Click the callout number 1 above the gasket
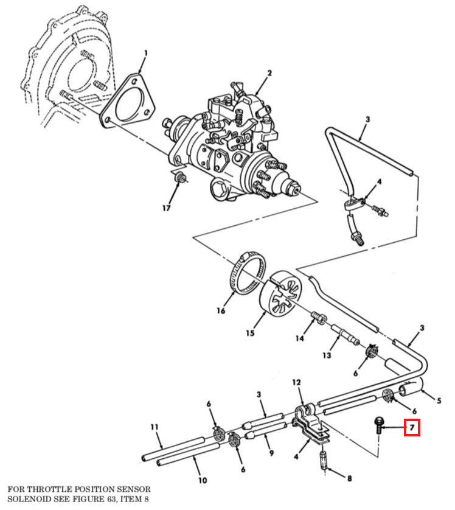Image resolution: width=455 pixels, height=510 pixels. (146, 53)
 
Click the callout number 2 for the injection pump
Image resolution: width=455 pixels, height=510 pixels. (269, 74)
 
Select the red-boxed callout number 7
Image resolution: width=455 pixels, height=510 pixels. (412, 427)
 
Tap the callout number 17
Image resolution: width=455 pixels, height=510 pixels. (166, 208)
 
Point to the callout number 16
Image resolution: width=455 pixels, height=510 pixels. (221, 311)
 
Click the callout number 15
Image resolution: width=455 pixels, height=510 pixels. (250, 334)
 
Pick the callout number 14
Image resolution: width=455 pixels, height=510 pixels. (300, 338)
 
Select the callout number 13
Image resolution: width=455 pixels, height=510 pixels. (327, 355)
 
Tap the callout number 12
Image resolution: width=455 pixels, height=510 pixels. (296, 382)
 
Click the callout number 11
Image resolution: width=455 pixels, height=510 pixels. (155, 427)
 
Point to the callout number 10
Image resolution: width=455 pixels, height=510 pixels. (203, 480)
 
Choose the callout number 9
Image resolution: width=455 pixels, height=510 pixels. (271, 453)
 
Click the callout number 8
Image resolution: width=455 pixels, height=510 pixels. (349, 478)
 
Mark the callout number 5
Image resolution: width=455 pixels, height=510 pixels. (439, 401)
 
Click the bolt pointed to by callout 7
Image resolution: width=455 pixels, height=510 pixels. (378, 425)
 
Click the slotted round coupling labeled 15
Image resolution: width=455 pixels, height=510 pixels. (281, 294)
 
